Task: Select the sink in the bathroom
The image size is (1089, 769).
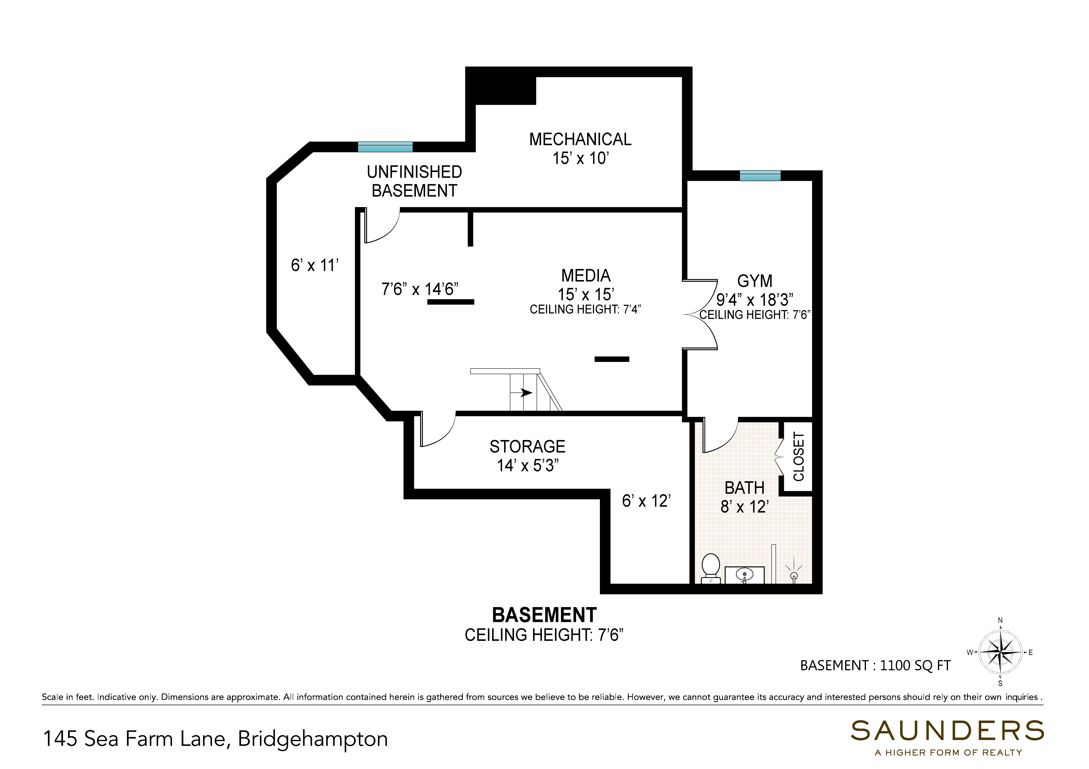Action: [x=745, y=575]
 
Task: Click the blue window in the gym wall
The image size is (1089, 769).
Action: [x=760, y=176]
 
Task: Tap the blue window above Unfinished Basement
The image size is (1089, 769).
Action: [x=385, y=147]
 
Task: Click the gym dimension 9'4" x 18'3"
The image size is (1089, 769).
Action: [x=754, y=300]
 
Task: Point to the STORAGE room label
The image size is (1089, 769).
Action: [x=527, y=447]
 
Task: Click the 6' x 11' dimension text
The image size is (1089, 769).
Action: [x=314, y=265]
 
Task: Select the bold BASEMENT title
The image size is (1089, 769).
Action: [x=544, y=615]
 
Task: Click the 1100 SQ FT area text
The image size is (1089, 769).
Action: [x=915, y=666]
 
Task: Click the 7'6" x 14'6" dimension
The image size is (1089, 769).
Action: [x=420, y=289]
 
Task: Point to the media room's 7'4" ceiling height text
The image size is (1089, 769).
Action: [x=585, y=310]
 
